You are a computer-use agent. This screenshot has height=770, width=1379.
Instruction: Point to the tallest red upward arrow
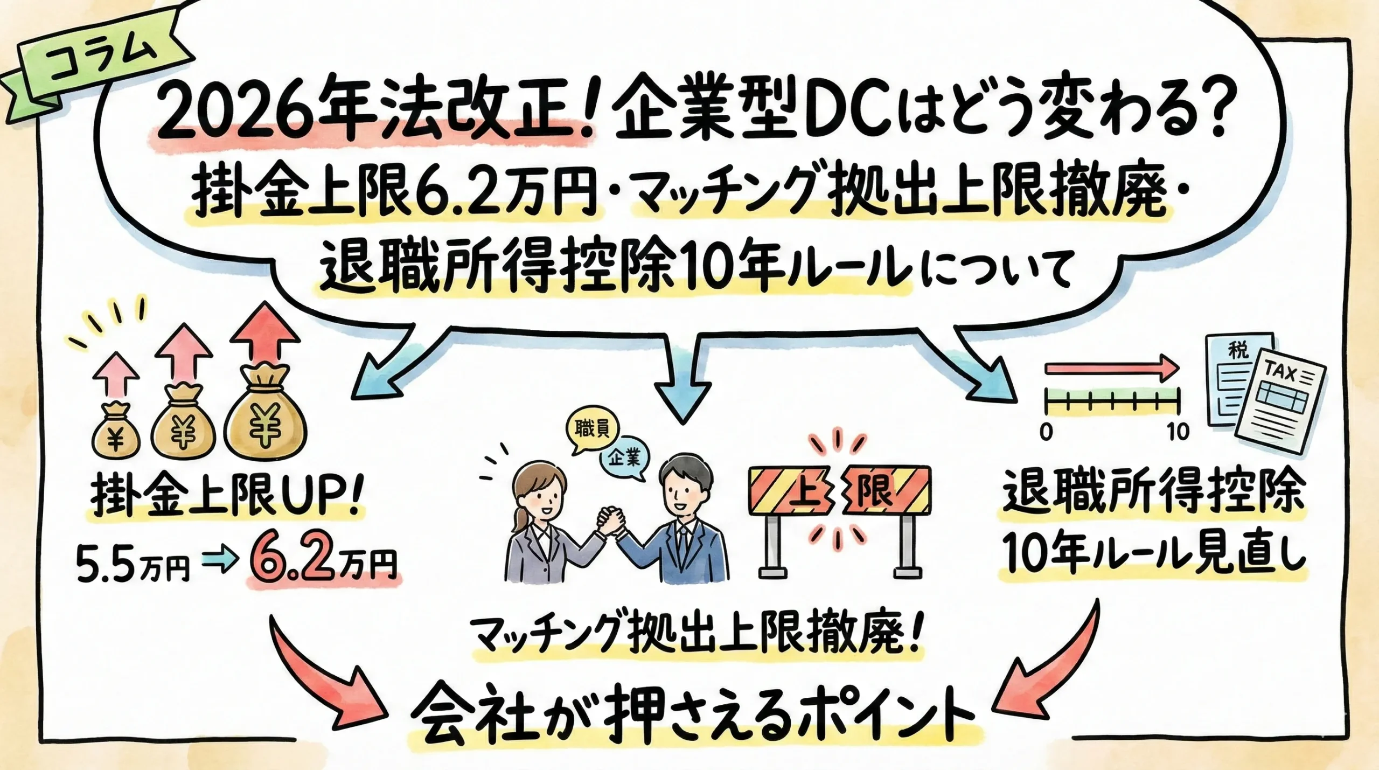[x=264, y=334]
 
